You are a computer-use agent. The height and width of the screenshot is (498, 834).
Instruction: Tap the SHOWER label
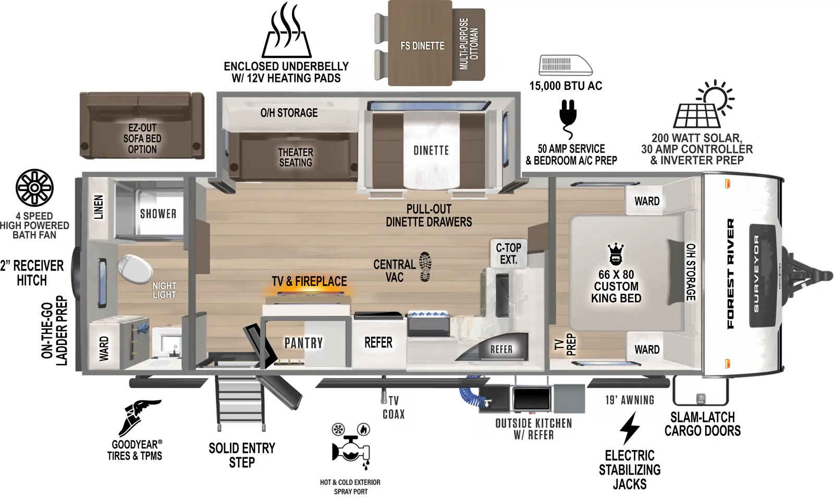pyautogui.click(x=158, y=214)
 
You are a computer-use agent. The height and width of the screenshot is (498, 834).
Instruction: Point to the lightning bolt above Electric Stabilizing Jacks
pyautogui.click(x=629, y=428)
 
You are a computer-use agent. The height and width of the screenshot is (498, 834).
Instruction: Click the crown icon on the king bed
pyautogui.click(x=616, y=254)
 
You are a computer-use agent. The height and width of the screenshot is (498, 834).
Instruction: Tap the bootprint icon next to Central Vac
pyautogui.click(x=425, y=267)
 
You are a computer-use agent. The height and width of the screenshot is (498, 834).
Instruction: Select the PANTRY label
pyautogui.click(x=303, y=343)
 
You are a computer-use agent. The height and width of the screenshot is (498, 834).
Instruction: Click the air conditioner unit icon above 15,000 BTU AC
pyautogui.click(x=565, y=65)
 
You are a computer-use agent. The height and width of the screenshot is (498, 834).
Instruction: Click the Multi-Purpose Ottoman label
pyautogui.click(x=469, y=44)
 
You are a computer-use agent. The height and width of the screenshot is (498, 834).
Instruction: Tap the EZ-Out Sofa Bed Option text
pyautogui.click(x=142, y=138)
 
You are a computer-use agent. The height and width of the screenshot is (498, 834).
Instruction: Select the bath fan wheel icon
pyautogui.click(x=34, y=188)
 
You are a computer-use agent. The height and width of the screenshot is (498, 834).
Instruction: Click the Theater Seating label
pyautogui.click(x=296, y=157)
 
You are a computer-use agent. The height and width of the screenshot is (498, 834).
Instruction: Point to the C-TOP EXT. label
pyautogui.click(x=508, y=253)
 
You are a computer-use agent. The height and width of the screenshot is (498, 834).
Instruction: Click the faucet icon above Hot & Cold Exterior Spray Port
pyautogui.click(x=351, y=449)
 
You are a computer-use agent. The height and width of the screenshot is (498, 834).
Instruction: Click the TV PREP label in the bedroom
pyautogui.click(x=565, y=345)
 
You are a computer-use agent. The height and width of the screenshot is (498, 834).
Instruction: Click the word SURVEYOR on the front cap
pyautogui.click(x=756, y=274)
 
